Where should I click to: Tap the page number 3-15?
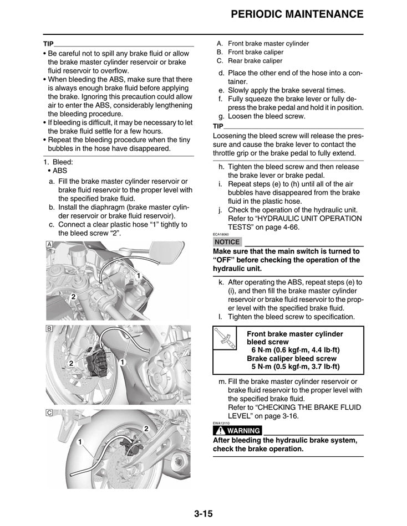tap(203, 514)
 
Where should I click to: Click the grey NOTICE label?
tap(227, 242)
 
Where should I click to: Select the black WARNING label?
tap(237, 431)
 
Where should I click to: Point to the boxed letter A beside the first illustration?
tap(49, 245)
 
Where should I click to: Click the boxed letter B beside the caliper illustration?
tap(49, 329)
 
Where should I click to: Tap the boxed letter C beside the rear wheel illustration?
tap(49, 413)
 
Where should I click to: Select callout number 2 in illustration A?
tap(73, 297)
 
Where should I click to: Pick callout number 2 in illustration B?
tap(71, 363)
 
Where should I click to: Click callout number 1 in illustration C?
tap(80, 442)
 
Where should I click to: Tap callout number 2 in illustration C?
tap(146, 429)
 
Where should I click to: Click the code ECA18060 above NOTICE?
tap(221, 235)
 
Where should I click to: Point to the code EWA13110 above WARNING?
tap(221, 424)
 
